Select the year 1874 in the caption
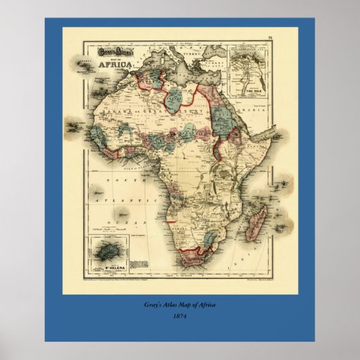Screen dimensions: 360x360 [180, 315]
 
